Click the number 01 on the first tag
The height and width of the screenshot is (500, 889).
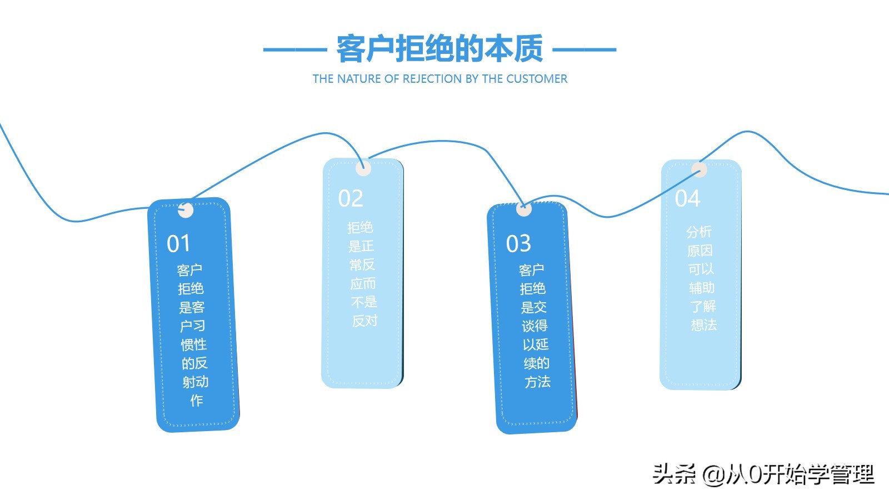pyautogui.click(x=178, y=244)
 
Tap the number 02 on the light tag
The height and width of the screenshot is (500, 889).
pyautogui.click(x=351, y=199)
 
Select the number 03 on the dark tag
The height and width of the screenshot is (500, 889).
pyautogui.click(x=518, y=244)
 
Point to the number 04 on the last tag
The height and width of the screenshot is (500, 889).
pyautogui.click(x=688, y=199)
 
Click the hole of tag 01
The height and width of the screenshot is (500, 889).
pyautogui.click(x=185, y=211)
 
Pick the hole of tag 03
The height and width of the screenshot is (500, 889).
pyautogui.click(x=523, y=209)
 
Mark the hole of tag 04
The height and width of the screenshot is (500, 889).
pyautogui.click(x=699, y=170)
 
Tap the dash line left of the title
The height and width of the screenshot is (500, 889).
pyautogui.click(x=294, y=49)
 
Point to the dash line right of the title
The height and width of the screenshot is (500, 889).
pyautogui.click(x=585, y=49)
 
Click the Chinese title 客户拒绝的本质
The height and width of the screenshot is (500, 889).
pyautogui.click(x=439, y=49)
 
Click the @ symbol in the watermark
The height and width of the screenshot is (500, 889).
pyautogui.click(x=713, y=474)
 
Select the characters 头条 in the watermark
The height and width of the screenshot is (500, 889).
pyautogui.click(x=674, y=474)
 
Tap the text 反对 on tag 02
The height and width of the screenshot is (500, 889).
pyautogui.click(x=365, y=321)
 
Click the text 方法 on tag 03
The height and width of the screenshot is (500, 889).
pyautogui.click(x=537, y=382)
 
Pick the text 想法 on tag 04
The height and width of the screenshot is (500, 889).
pyautogui.click(x=704, y=325)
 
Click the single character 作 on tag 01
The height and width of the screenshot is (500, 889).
pyautogui.click(x=196, y=401)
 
